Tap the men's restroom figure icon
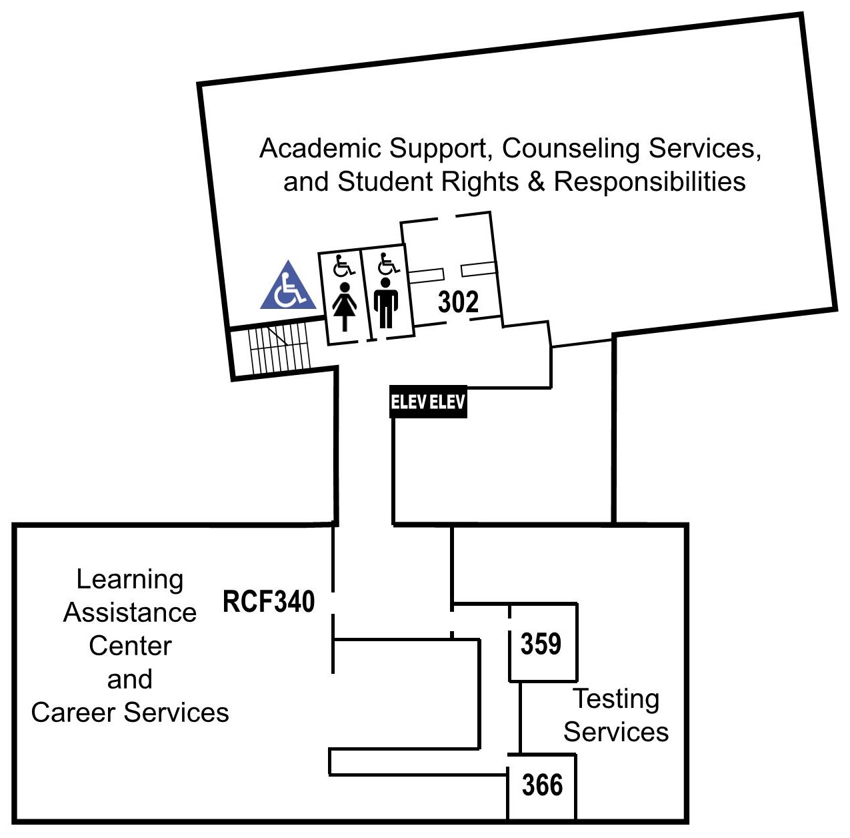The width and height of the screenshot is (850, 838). tap(385, 304)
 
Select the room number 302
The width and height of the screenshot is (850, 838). tap(458, 302)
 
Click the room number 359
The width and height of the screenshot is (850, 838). tap(541, 644)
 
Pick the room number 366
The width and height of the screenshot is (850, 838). tap(542, 785)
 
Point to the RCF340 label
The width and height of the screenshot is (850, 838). tap(268, 601)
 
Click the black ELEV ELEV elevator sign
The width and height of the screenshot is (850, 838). tap(428, 402)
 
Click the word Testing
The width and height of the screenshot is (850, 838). tap(617, 699)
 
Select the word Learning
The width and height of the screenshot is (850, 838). tap(130, 579)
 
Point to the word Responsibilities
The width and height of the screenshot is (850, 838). tap(649, 181)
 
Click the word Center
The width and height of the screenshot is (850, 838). tap(130, 646)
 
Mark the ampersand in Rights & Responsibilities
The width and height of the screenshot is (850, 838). tap(536, 181)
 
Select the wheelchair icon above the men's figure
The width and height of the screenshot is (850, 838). tap(388, 264)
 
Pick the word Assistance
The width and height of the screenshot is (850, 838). tap(130, 612)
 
